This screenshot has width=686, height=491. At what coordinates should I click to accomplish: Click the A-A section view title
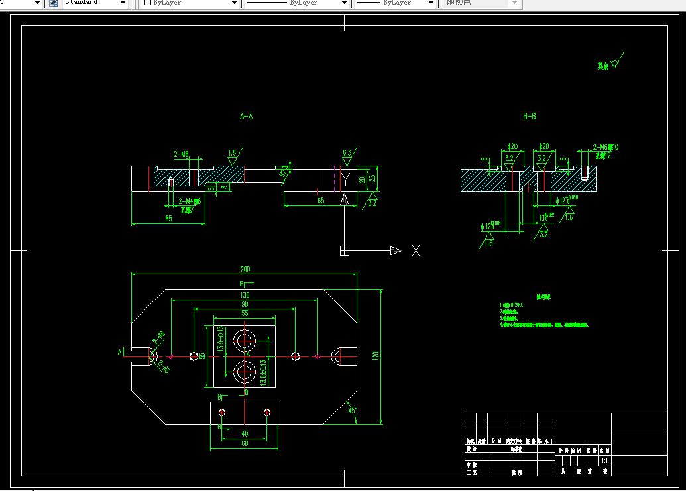point(246,117)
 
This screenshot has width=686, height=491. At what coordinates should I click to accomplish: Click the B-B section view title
point(529,117)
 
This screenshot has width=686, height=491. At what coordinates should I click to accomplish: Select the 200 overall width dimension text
point(245,270)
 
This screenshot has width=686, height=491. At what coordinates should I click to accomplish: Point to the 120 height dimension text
point(376,356)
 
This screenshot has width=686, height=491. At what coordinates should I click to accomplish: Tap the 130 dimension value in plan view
point(245,295)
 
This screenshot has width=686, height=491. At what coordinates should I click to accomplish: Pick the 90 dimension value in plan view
point(245,304)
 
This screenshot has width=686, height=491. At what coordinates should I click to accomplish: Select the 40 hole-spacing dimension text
point(244,434)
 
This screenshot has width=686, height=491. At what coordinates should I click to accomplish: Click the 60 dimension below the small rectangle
point(244,445)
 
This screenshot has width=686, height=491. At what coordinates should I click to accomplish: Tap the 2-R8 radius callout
point(160,338)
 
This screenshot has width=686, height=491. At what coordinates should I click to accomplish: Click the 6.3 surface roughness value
point(347,152)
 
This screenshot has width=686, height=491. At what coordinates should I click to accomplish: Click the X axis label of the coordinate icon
point(416,250)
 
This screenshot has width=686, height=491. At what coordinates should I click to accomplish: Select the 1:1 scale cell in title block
point(604,460)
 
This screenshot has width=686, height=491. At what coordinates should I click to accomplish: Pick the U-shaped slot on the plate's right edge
point(343,356)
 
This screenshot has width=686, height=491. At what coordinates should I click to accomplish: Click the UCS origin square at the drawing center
point(344,250)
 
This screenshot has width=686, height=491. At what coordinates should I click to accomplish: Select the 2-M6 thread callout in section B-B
point(604,147)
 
